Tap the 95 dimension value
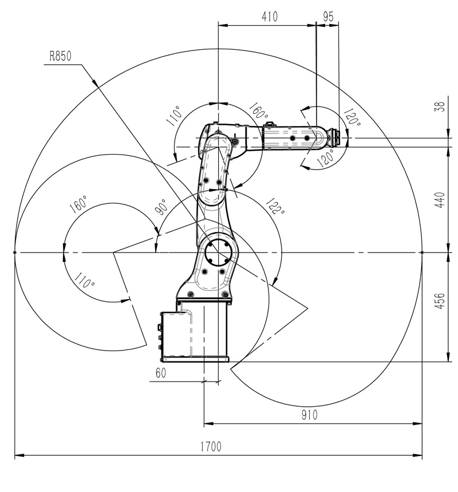[x=328, y=17]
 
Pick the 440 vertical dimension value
[x=440, y=199]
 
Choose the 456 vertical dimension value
[x=440, y=302]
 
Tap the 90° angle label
[x=161, y=207]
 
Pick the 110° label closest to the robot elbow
[x=175, y=116]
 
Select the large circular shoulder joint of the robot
[x=217, y=252]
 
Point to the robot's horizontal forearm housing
[x=292, y=138]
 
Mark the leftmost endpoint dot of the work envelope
[x=14, y=252]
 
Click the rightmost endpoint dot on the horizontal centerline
[x=422, y=252]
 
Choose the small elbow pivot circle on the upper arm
[x=234, y=141]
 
